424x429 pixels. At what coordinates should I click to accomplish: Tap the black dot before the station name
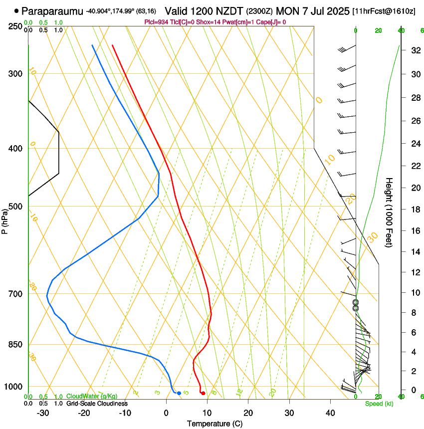click(16, 10)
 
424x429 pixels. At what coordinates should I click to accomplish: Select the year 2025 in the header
click(337, 10)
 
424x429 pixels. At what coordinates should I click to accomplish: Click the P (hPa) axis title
click(5, 220)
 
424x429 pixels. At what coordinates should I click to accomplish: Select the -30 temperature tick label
click(43, 413)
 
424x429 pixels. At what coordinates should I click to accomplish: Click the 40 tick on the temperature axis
click(330, 413)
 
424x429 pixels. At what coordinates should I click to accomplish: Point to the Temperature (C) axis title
click(214, 424)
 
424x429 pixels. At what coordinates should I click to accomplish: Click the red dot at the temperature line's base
click(203, 394)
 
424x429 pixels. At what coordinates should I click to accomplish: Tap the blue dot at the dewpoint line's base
click(179, 394)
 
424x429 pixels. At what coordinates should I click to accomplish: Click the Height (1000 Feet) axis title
click(390, 212)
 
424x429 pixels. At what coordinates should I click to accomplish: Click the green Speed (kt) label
click(379, 404)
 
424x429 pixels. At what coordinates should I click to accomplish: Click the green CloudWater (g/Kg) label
click(92, 397)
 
